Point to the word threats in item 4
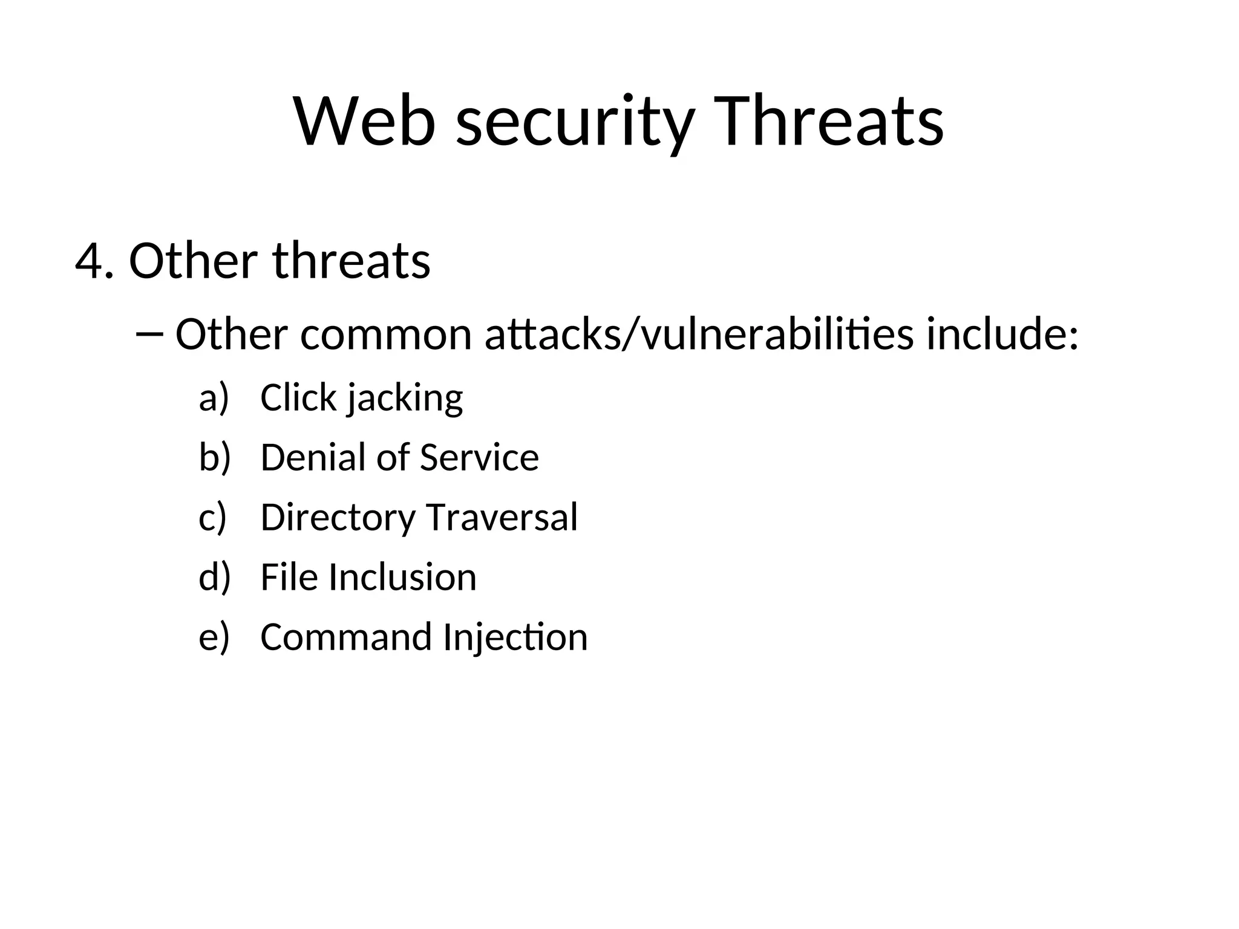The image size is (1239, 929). pyautogui.click(x=351, y=261)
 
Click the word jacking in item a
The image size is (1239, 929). pyautogui.click(x=405, y=400)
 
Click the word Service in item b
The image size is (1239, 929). pyautogui.click(x=479, y=458)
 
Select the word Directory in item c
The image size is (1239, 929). pyautogui.click(x=338, y=518)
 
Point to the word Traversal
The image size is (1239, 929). pyautogui.click(x=502, y=518)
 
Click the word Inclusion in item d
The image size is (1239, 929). pyautogui.click(x=402, y=578)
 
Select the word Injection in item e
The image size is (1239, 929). pyautogui.click(x=515, y=638)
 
